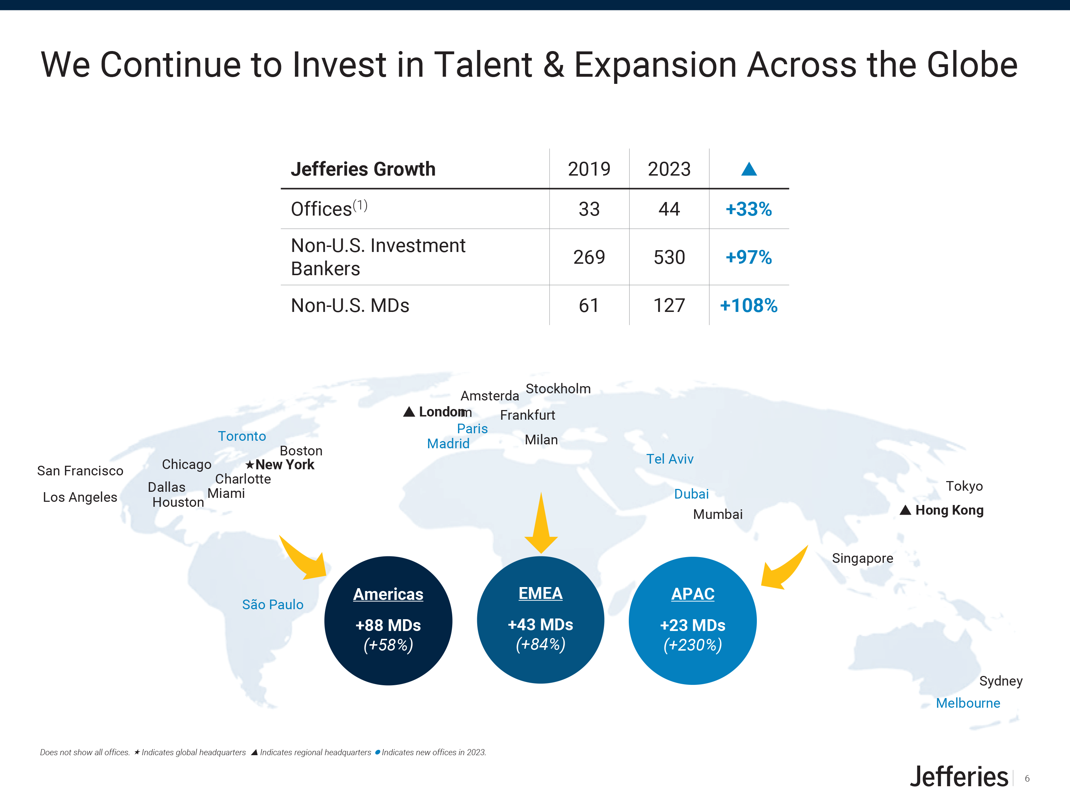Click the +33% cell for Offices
(x=748, y=209)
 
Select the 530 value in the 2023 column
(x=669, y=257)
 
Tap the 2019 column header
(x=589, y=169)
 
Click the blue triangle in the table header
(x=749, y=168)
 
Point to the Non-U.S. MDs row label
(x=350, y=305)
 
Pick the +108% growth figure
(x=748, y=305)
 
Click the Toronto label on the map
(x=242, y=436)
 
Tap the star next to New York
(x=250, y=465)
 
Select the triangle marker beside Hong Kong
(x=905, y=510)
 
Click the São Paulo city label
(x=273, y=604)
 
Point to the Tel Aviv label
(x=670, y=459)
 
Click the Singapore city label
(x=862, y=559)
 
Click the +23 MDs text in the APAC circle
(x=693, y=625)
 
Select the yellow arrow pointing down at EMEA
(x=541, y=523)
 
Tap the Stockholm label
(x=558, y=389)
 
